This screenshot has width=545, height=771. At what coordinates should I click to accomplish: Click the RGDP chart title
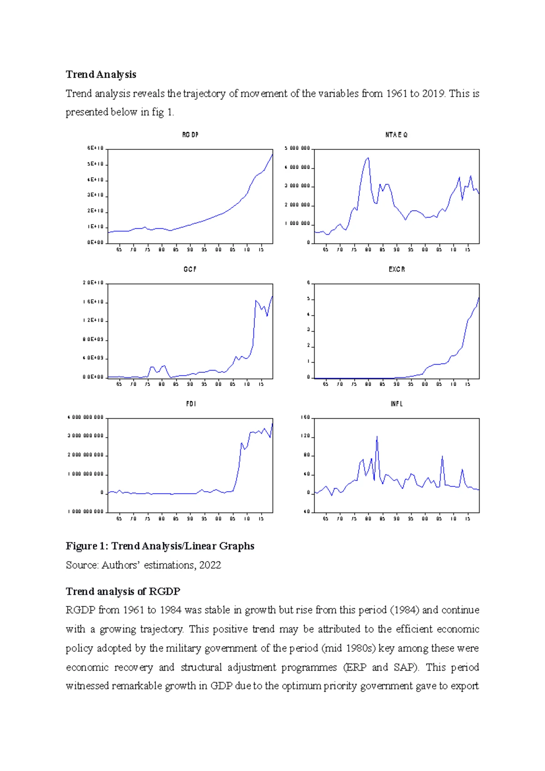click(x=190, y=135)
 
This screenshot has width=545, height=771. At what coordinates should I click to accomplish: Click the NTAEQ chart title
click(x=396, y=135)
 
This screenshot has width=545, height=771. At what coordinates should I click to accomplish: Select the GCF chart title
click(x=190, y=269)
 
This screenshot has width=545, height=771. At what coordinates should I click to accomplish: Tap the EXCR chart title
click(x=396, y=269)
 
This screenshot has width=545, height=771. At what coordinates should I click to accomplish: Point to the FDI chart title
click(x=191, y=404)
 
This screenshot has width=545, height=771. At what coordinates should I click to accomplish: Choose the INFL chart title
click(x=396, y=404)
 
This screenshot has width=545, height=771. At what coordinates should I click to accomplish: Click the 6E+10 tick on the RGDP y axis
click(x=95, y=148)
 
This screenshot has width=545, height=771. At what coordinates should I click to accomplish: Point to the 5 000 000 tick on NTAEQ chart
click(x=297, y=148)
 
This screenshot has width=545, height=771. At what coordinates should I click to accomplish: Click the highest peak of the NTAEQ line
click(x=368, y=158)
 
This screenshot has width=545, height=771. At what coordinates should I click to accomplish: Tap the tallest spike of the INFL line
click(x=377, y=437)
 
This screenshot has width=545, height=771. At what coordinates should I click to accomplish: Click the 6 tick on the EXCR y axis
click(x=308, y=283)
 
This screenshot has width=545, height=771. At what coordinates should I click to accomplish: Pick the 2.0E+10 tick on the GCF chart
click(x=93, y=283)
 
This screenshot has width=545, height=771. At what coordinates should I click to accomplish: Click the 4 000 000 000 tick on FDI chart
click(x=86, y=417)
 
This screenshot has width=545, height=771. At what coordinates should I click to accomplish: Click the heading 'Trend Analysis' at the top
click(x=101, y=74)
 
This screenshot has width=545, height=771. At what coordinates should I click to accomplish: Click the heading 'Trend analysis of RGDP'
click(x=123, y=591)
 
